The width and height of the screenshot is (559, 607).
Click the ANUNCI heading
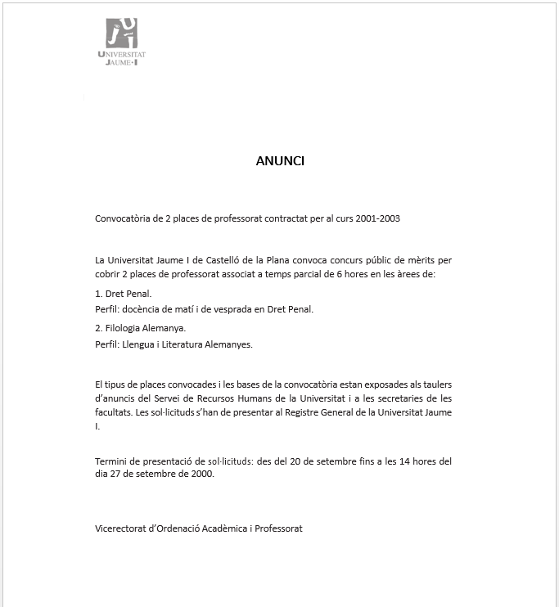click(280, 161)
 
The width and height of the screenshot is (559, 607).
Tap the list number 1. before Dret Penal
click(99, 293)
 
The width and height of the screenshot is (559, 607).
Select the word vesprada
click(243, 309)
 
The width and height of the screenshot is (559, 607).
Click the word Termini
click(111, 461)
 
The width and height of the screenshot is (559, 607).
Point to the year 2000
click(202, 475)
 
